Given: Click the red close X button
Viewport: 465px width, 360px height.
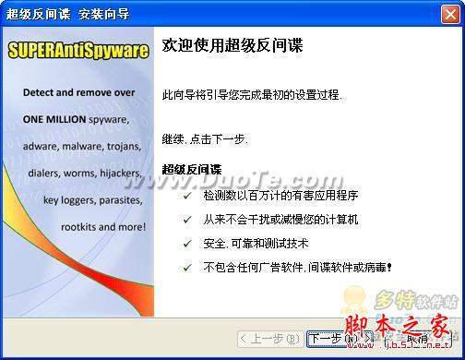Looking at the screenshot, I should [x=450, y=14].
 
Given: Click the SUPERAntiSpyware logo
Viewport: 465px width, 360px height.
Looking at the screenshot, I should [x=77, y=51].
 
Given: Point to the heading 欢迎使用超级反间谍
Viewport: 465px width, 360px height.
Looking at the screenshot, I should [x=232, y=45].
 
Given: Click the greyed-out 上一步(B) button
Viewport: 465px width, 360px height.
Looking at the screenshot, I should [x=268, y=338].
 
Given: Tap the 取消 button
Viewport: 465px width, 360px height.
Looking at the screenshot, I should [x=418, y=338].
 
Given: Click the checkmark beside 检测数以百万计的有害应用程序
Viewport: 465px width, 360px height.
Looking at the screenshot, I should [x=188, y=196].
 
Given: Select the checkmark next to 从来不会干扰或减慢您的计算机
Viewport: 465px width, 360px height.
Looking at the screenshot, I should [x=188, y=220].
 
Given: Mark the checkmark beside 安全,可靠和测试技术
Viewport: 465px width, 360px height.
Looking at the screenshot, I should [x=188, y=244].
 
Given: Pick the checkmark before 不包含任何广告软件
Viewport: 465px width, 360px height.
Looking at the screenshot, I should [x=188, y=268].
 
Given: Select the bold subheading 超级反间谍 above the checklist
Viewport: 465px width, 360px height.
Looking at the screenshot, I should [x=192, y=169].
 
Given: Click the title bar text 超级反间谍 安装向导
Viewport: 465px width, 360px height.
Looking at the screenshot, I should [x=69, y=14].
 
